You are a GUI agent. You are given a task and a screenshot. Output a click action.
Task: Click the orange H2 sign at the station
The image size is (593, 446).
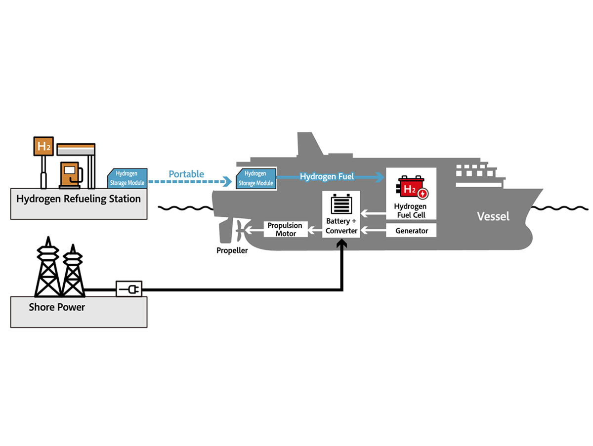pos(43,146)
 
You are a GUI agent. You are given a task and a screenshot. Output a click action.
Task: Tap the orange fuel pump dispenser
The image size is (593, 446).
pos(71,175)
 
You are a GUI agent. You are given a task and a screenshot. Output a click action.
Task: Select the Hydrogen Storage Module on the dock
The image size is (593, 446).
pos(127,178)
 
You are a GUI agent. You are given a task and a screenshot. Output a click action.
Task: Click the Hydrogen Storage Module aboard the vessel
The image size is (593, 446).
pos(256,178)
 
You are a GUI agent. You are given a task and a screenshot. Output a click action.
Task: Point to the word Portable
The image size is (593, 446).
pos(186,174)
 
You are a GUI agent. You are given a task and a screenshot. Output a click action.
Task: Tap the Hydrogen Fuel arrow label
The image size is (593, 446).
pos(327,176)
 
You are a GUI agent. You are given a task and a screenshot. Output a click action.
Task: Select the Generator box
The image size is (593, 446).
pos(411,230)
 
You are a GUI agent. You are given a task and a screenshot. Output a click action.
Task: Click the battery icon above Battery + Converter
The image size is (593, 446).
pos(341,204)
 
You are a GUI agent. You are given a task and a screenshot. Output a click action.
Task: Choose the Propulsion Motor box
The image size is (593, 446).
pos(285,229)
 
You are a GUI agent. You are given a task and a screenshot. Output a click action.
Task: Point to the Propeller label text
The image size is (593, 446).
pos(232,250)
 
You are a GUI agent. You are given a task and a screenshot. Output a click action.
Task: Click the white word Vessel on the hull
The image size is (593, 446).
pos(493,216)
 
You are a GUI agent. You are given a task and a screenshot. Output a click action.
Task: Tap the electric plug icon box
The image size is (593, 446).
pos(129,289)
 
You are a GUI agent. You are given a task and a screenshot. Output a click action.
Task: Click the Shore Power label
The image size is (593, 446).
pos(57,307)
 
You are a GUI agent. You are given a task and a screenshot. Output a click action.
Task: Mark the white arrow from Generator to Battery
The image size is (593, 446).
pos(374,230)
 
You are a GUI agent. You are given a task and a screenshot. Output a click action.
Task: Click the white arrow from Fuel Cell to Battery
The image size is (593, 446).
pos(374,213)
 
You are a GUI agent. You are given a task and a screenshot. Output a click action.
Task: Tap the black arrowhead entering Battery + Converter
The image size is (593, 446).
pos(342,243)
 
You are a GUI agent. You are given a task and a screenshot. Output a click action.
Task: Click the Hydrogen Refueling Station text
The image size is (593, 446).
pos(79,199)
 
